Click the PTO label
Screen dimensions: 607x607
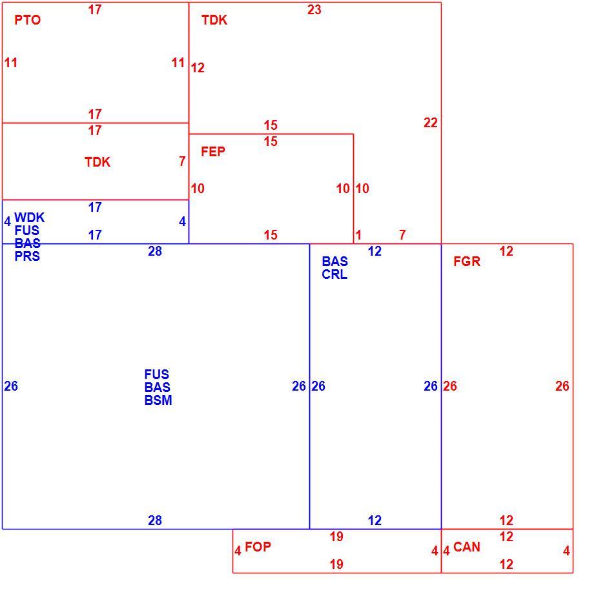[28, 20]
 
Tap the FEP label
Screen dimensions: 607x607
[213, 151]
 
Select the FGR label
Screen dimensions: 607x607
[467, 262]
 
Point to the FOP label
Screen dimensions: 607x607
[258, 546]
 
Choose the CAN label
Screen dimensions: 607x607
[466, 546]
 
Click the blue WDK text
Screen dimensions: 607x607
[30, 217]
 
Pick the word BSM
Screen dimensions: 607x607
[158, 400]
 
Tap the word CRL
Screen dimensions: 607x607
[334, 274]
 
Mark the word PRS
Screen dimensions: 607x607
[27, 256]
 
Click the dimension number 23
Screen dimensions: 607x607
[314, 10]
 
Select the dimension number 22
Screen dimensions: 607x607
[431, 123]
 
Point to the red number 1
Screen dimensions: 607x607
[358, 234]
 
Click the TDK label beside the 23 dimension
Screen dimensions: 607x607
[214, 20]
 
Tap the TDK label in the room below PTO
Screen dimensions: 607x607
[98, 162]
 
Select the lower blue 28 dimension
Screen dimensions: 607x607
[155, 520]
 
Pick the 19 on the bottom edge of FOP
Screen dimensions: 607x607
[336, 564]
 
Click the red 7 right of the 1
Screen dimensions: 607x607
[402, 234]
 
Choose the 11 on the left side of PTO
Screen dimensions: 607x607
[11, 63]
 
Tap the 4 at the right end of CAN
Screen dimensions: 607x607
[566, 550]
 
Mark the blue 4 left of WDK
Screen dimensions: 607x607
[7, 221]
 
